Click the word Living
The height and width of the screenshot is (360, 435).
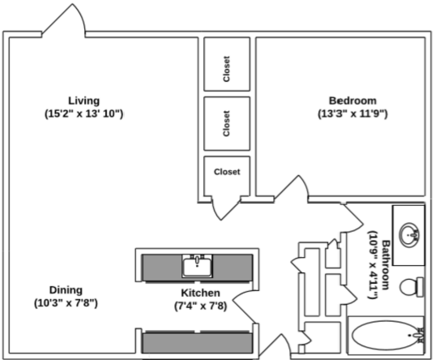tap(83, 101)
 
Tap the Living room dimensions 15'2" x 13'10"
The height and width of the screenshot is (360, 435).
tap(83, 114)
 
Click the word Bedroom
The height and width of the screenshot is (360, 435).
tap(352, 101)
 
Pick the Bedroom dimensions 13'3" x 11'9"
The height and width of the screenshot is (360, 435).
tap(352, 114)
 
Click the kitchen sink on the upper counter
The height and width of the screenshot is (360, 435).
tap(197, 265)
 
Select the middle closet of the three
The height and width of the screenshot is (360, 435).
tap(226, 123)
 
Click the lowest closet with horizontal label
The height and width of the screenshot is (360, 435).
tap(226, 173)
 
